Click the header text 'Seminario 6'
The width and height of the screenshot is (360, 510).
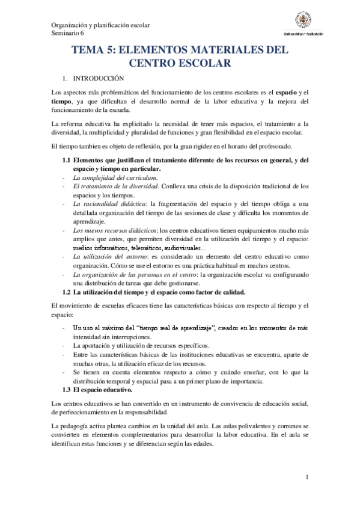tap(69, 34)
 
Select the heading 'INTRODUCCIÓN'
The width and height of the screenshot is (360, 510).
tap(98, 78)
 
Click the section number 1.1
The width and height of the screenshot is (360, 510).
tap(67, 160)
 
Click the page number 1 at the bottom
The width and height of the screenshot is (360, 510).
tap(307, 478)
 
